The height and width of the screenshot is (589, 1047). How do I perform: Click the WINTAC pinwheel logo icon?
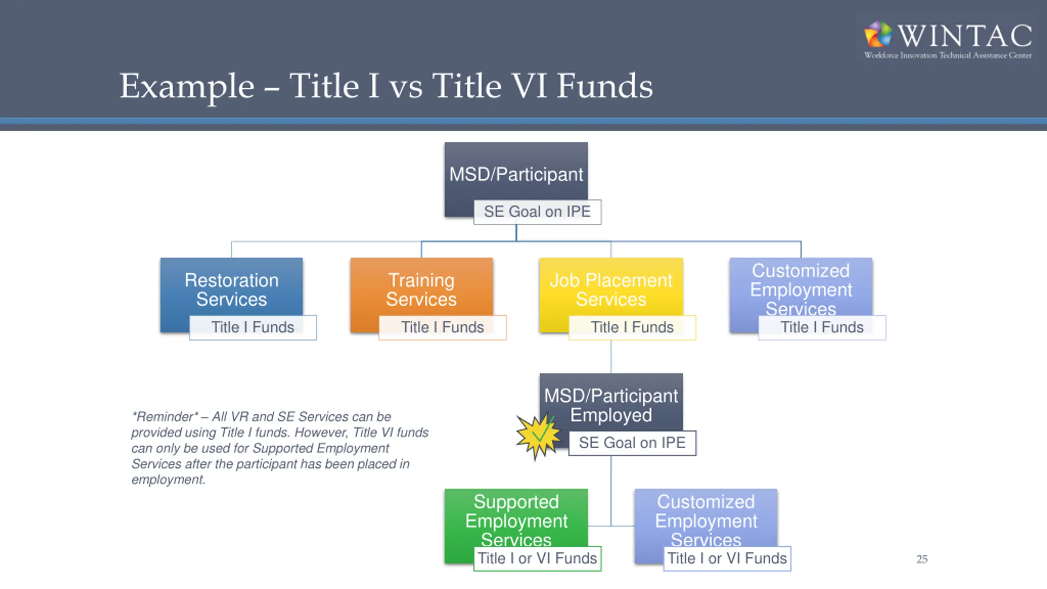[x=878, y=34]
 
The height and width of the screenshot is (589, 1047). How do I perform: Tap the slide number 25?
[x=922, y=559]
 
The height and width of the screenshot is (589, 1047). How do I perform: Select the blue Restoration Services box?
[x=231, y=288]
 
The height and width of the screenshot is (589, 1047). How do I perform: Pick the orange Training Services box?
[x=421, y=288]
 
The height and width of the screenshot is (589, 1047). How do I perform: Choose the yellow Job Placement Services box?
[x=611, y=288]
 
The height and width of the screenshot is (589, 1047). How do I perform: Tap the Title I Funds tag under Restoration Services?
[x=253, y=327]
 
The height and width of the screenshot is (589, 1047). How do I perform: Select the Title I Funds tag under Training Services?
[x=443, y=327]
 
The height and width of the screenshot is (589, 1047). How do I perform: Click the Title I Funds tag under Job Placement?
[x=632, y=327]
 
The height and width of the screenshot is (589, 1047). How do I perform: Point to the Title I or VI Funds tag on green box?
[x=537, y=558]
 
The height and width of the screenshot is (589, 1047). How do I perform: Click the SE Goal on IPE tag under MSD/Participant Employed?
[x=632, y=443]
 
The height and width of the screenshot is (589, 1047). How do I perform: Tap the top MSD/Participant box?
[x=516, y=174]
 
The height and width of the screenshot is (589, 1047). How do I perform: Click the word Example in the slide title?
[x=187, y=87]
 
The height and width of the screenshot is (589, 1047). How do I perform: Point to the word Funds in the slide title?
[x=605, y=87]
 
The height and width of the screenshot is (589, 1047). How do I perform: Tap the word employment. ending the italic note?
[x=168, y=479]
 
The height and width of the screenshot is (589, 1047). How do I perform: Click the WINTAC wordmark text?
[x=965, y=36]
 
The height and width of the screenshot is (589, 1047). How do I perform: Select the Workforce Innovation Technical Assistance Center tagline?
[x=948, y=56]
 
